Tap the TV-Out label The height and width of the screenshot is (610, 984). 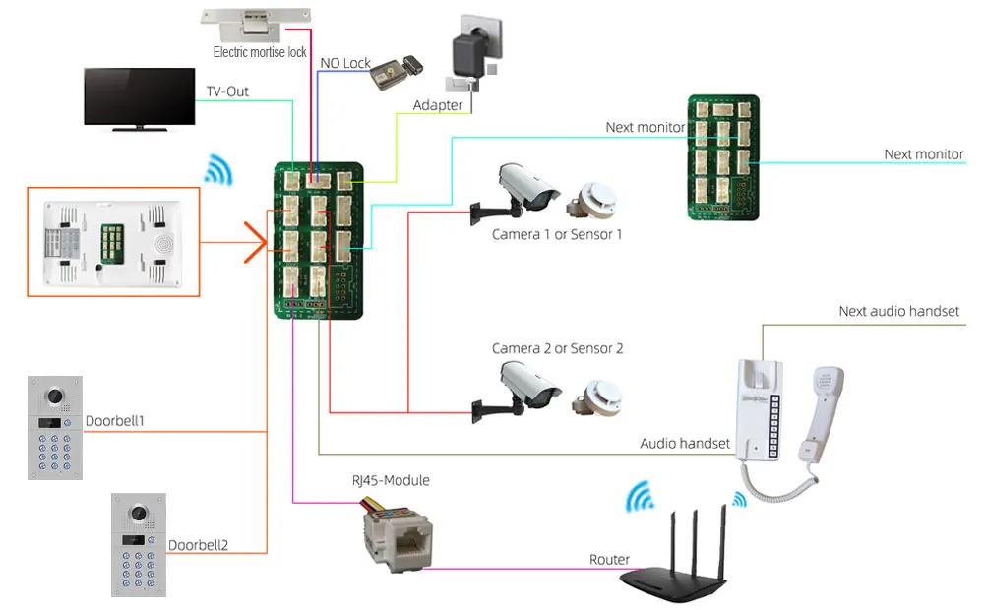227,91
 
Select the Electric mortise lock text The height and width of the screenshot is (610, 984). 260,52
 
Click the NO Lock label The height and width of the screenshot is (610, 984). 345,63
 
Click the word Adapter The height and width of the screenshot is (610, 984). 438,105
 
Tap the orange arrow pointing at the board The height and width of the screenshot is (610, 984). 254,241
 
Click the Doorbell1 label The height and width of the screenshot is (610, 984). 115,421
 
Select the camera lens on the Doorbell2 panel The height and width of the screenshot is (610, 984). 138,515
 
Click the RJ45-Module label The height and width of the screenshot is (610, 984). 391,481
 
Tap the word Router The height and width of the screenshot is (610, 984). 609,560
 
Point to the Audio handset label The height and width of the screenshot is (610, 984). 685,444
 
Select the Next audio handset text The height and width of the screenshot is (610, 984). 898,312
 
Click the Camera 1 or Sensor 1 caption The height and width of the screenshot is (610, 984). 557,235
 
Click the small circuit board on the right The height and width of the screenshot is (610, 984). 722,155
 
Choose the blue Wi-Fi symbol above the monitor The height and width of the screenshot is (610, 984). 217,170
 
